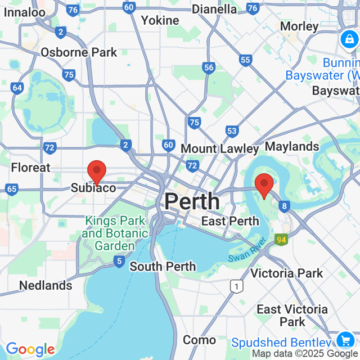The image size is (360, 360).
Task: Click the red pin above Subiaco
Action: click(x=97, y=171)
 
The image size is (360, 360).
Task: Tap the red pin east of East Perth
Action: click(x=264, y=185)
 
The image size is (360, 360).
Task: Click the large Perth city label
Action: click(x=192, y=201)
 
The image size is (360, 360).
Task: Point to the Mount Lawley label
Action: click(x=220, y=148)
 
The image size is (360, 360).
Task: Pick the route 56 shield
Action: click(x=209, y=67)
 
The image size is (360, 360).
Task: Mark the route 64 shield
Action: click(x=17, y=88)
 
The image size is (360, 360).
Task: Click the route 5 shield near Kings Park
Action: click(x=119, y=261)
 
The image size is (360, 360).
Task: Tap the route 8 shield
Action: click(x=286, y=206)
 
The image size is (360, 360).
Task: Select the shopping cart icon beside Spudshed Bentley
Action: click(x=344, y=340)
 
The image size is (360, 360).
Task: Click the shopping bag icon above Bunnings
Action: click(x=348, y=39)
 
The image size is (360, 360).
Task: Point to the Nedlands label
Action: click(x=46, y=285)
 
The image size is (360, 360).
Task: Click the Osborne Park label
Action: click(x=79, y=52)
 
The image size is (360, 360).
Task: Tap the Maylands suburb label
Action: click(x=292, y=147)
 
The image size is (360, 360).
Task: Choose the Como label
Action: click(x=199, y=340)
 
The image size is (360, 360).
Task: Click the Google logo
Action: click(x=30, y=350)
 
